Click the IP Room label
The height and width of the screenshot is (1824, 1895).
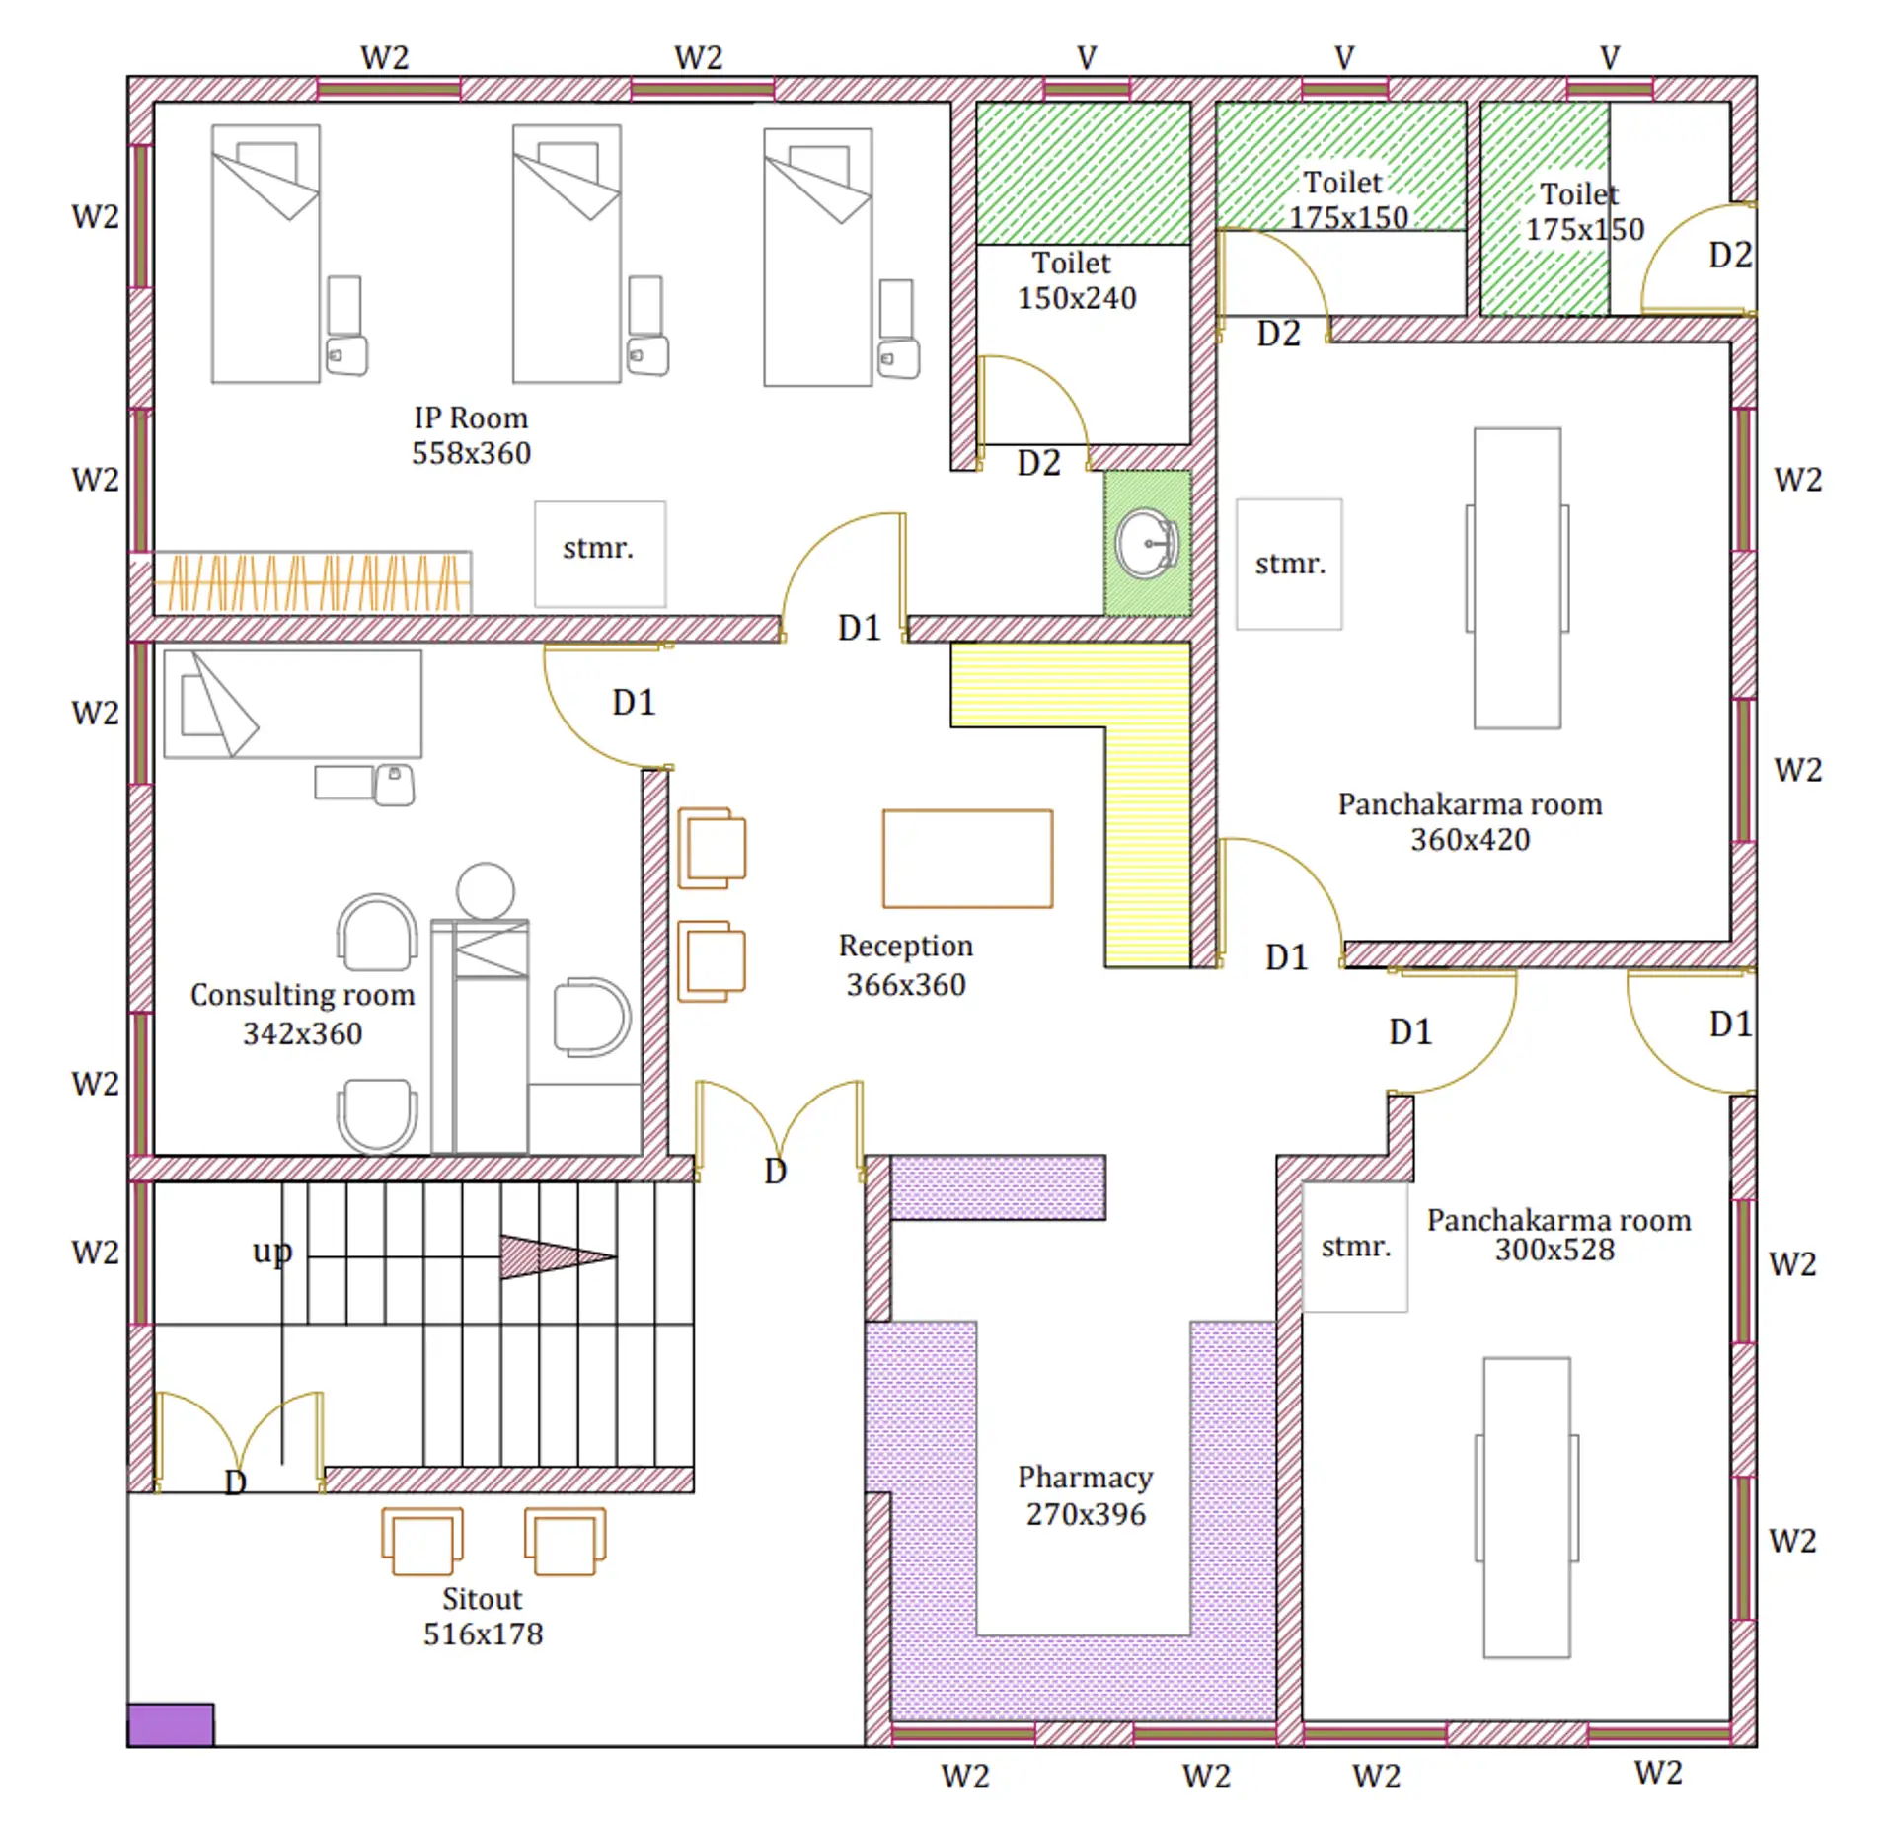tap(471, 418)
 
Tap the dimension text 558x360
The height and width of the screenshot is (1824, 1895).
tap(471, 453)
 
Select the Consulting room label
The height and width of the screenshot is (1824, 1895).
tap(302, 995)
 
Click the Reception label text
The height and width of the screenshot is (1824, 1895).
tap(905, 946)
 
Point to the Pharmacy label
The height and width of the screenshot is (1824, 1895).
tap(1085, 1478)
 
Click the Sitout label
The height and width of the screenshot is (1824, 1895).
tap(482, 1599)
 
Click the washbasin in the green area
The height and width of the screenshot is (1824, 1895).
tap(1146, 544)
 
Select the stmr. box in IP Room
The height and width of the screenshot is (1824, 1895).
tap(599, 554)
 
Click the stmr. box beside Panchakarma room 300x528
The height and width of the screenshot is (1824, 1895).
tap(1355, 1247)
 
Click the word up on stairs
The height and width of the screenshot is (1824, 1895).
tap(271, 1252)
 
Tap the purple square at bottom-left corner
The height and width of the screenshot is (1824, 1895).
tap(171, 1724)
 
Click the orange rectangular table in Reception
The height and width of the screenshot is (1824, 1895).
tap(967, 859)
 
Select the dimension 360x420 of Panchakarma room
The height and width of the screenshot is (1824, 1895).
tap(1470, 840)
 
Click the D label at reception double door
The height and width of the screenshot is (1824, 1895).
tap(775, 1172)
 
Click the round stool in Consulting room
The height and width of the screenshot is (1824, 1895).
tap(485, 890)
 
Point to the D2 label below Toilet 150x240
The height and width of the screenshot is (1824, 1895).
tap(1038, 463)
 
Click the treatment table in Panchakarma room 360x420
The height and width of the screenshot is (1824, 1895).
tap(1516, 577)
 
